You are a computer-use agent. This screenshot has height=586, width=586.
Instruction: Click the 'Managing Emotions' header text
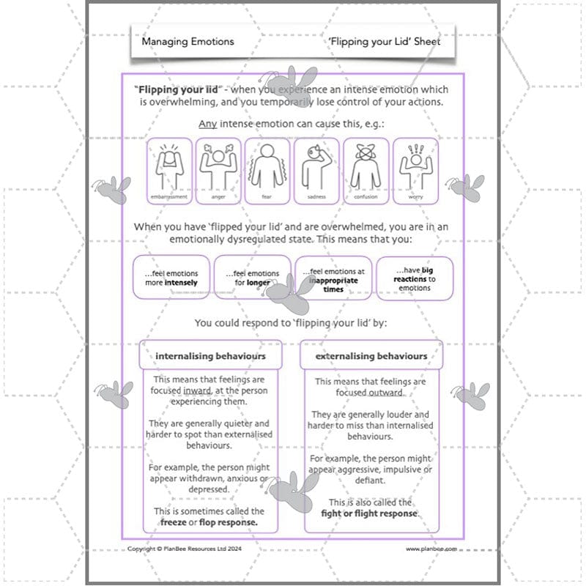(188, 42)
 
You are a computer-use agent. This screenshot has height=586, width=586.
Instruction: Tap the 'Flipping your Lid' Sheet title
(385, 42)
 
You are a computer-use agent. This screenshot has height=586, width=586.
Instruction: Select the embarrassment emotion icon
(169, 171)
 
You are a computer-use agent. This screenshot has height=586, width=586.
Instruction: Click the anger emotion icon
(218, 171)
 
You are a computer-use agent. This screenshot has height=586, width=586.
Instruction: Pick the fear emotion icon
(267, 171)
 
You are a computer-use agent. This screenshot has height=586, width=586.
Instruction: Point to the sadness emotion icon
(316, 171)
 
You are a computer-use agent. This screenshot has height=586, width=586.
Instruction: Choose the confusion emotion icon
(366, 171)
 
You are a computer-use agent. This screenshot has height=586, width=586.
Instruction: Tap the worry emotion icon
(415, 171)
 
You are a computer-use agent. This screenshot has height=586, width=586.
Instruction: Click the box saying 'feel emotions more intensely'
(170, 278)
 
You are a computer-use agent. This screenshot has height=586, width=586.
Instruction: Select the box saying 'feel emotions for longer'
(251, 278)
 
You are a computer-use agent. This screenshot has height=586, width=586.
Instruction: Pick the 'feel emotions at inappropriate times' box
(333, 278)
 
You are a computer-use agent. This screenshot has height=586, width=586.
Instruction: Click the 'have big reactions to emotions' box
(415, 278)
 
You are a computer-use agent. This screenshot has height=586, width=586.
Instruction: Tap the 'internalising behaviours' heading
(210, 356)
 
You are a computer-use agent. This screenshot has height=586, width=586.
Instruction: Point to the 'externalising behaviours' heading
(371, 356)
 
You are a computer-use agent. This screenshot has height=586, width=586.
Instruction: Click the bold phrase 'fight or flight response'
(369, 513)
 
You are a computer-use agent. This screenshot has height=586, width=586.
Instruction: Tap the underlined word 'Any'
(207, 124)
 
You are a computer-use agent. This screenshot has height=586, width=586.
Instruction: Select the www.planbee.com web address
(431, 548)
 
